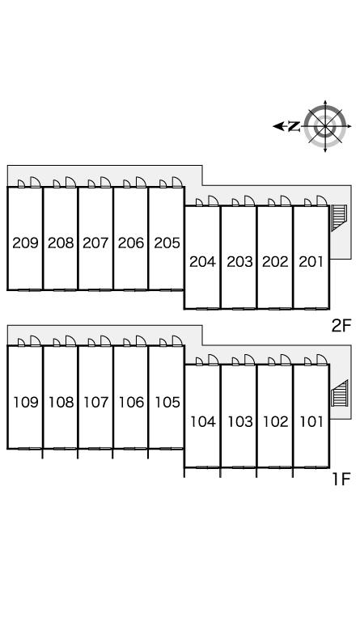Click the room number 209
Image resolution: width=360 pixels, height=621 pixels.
point(25,243)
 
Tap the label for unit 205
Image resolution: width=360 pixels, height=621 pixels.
point(167,243)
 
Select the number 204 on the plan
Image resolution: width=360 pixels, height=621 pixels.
point(202,262)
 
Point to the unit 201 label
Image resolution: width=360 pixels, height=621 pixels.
point(311,262)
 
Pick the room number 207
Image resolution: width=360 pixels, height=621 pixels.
point(95,243)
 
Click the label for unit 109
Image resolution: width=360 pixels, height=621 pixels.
point(26,403)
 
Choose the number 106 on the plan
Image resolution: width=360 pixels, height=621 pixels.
point(132,403)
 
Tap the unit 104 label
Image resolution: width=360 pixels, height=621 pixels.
point(203,422)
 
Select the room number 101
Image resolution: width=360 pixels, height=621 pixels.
point(311,422)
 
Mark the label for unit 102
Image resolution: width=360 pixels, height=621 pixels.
point(276,422)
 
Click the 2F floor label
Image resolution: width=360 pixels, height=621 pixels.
point(341,326)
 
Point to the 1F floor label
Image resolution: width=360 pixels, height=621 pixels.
point(341,479)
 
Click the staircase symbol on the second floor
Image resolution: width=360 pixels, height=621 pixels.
point(339,217)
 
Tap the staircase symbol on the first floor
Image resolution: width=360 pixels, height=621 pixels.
point(340,393)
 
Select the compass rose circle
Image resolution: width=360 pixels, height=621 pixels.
point(325,126)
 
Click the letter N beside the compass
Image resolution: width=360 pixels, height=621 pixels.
point(294,126)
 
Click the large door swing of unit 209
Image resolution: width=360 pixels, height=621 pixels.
point(36,182)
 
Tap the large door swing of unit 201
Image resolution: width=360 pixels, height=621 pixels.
point(322,201)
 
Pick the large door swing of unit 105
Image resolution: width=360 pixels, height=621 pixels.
point(177,340)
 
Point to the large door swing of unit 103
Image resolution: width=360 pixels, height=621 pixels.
point(249,360)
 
